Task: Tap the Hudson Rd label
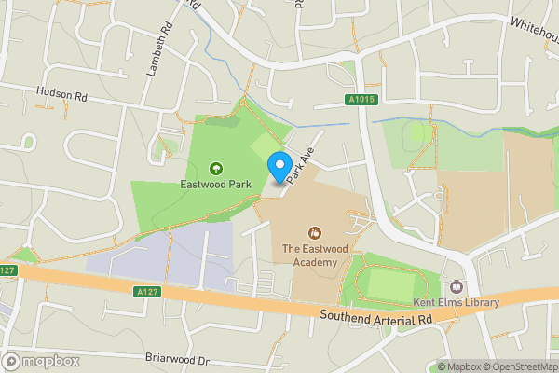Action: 61,94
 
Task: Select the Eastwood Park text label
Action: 216,185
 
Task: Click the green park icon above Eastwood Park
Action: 216,169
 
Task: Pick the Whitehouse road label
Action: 532,20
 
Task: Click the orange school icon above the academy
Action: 315,231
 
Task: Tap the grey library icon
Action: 457,286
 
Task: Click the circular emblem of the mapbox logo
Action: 11,361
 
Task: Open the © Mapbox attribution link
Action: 460,366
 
